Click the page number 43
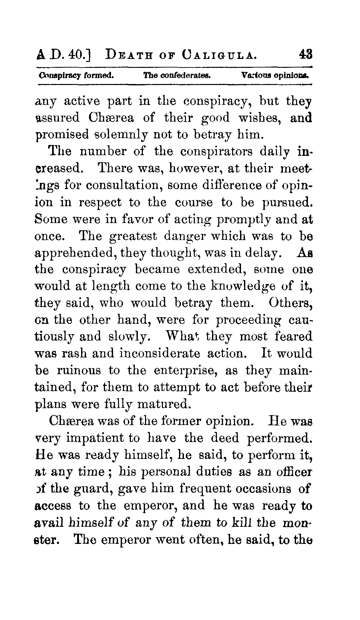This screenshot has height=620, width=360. (x=305, y=54)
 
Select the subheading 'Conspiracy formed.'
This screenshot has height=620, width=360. (x=76, y=75)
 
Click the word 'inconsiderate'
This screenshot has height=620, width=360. (x=160, y=353)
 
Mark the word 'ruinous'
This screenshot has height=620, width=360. (x=79, y=370)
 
